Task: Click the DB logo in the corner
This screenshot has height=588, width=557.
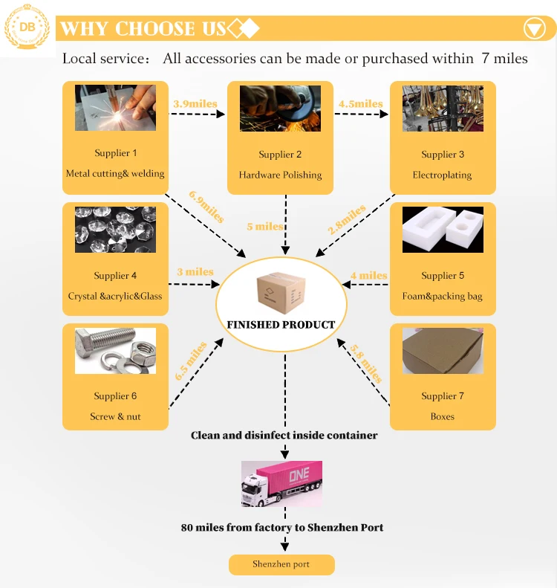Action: (x=27, y=28)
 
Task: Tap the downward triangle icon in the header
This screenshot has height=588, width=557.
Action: (x=534, y=29)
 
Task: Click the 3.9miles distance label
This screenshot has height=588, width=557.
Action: (x=195, y=104)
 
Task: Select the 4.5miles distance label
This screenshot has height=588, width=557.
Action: (x=360, y=104)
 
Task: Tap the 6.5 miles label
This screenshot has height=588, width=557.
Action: (x=191, y=361)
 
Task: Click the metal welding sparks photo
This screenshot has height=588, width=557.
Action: (x=115, y=108)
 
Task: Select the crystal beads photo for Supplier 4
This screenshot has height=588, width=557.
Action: (x=115, y=230)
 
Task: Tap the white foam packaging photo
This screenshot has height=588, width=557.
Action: (x=443, y=230)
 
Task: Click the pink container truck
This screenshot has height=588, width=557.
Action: (x=281, y=483)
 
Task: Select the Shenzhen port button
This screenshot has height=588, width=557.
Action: (x=281, y=564)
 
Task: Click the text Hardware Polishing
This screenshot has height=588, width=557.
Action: (x=280, y=175)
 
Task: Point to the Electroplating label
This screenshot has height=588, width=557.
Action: (x=443, y=175)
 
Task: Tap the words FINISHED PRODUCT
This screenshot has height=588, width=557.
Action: (x=281, y=325)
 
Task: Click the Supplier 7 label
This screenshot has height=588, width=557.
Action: (x=443, y=396)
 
